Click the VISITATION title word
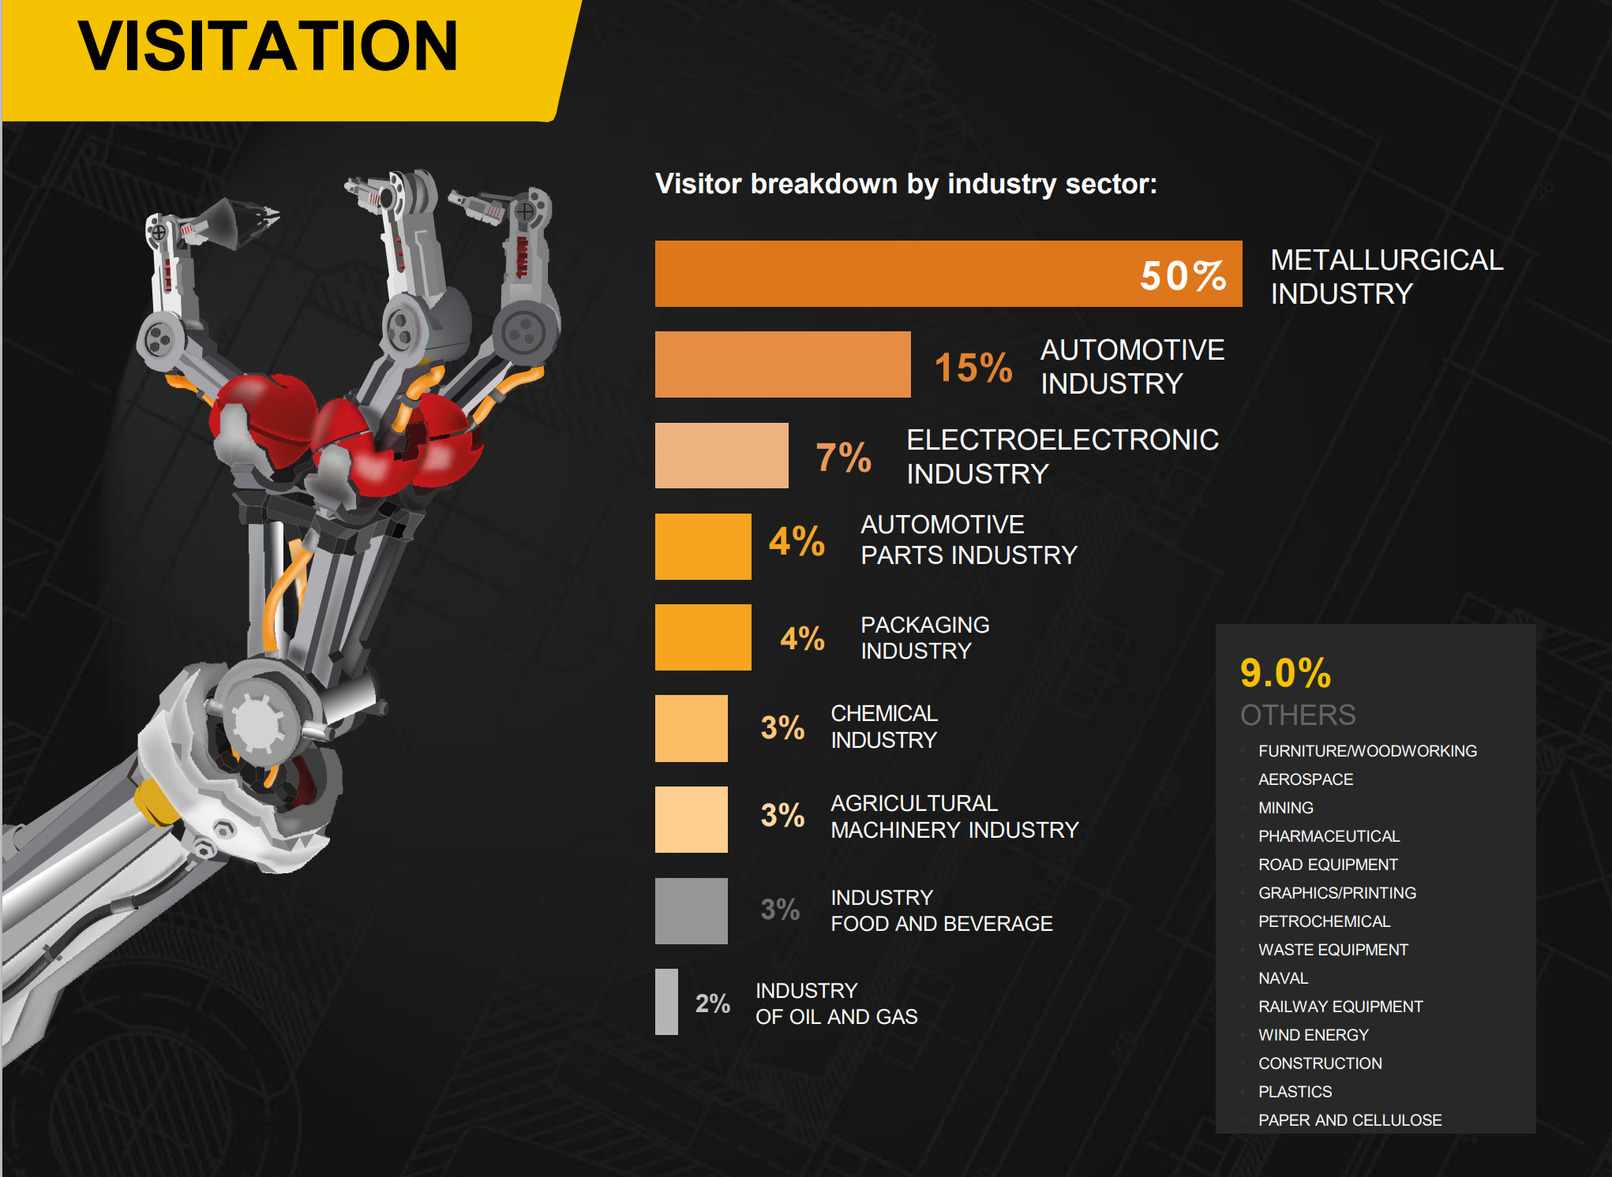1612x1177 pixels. (x=268, y=46)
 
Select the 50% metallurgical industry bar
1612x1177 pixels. (x=948, y=274)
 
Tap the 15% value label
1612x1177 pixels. (x=973, y=368)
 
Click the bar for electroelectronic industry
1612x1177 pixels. (x=722, y=455)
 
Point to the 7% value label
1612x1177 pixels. (x=843, y=458)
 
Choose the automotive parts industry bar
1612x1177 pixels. (x=703, y=547)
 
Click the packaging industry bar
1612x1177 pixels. (x=703, y=637)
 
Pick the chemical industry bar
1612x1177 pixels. (x=692, y=728)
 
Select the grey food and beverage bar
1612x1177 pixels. (x=692, y=911)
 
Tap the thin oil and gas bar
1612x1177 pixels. (x=666, y=1002)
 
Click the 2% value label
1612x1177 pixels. (x=712, y=1003)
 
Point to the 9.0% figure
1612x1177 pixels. (x=1285, y=673)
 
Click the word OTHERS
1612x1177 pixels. (x=1298, y=715)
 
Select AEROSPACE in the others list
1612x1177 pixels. (x=1306, y=779)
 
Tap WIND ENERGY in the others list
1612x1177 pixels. (x=1314, y=1035)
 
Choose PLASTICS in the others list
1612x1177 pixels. (x=1295, y=1092)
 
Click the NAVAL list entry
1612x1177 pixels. (x=1284, y=978)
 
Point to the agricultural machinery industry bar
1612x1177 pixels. (x=692, y=820)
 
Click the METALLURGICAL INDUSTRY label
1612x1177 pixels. (x=1387, y=277)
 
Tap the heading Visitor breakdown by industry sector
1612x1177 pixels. (x=906, y=184)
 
